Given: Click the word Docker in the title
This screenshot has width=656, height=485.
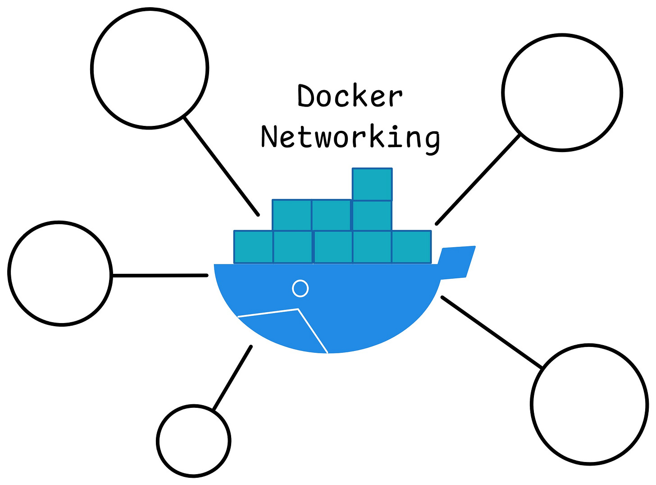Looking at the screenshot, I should [x=350, y=96].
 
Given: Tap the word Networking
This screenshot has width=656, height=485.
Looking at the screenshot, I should [x=350, y=137].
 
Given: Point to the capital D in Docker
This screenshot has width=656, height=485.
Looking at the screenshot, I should [x=307, y=96].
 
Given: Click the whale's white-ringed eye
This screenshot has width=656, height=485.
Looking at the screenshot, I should [x=300, y=288].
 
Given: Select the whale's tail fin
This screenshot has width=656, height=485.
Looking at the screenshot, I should [x=457, y=262].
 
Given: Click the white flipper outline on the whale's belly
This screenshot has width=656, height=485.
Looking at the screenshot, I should [x=288, y=323].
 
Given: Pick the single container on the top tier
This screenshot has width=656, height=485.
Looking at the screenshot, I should [x=372, y=184].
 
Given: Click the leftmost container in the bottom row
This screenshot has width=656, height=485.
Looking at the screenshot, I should [x=253, y=247].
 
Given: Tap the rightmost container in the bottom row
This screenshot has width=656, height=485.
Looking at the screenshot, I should [x=411, y=247].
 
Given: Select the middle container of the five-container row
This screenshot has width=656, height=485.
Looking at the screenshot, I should [x=333, y=247].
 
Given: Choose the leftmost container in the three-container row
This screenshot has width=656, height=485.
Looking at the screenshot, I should [x=292, y=215].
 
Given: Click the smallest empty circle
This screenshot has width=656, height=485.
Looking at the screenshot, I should [x=194, y=441].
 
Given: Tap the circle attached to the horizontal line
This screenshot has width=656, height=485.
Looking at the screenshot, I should [x=59, y=273].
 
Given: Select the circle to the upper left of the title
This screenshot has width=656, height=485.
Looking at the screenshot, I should [x=150, y=69].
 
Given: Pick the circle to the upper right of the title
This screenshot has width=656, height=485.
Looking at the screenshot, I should [x=562, y=92].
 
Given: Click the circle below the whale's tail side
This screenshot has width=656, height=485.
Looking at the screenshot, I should [x=589, y=404].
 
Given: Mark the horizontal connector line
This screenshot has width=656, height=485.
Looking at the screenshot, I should [x=160, y=275].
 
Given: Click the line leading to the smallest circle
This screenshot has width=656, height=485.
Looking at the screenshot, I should [x=232, y=378].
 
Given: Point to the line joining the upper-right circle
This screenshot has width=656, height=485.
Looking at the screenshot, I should [x=478, y=179].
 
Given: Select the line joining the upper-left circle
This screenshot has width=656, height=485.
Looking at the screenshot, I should [x=221, y=166].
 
